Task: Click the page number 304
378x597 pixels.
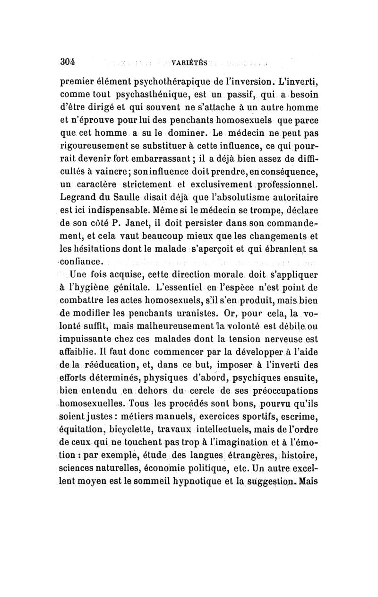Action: [69, 61]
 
